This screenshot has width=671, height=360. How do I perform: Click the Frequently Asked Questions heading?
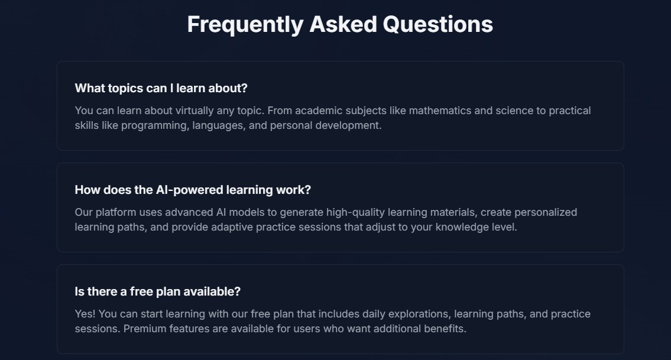340,24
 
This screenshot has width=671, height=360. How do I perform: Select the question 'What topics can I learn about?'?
161,88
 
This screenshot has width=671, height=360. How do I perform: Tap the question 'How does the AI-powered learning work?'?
193,190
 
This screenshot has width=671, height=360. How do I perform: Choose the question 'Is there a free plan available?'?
157,291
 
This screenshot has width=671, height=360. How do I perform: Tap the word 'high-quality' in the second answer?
356,212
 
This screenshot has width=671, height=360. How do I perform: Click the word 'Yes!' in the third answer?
85,314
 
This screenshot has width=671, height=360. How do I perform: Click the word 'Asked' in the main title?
343,24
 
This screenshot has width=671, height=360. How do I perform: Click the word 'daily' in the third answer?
374,314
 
